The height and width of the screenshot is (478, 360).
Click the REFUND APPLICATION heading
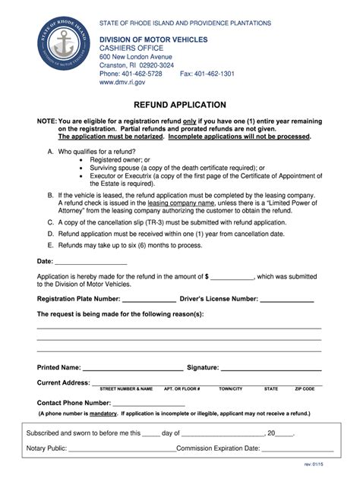[180, 104]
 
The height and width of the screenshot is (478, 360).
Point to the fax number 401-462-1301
[207, 74]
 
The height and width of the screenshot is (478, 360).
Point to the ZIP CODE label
[305, 389]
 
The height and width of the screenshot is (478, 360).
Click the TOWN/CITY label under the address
[231, 389]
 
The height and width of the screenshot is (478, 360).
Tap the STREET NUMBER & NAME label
[126, 389]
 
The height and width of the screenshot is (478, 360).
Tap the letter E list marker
[49, 247]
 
